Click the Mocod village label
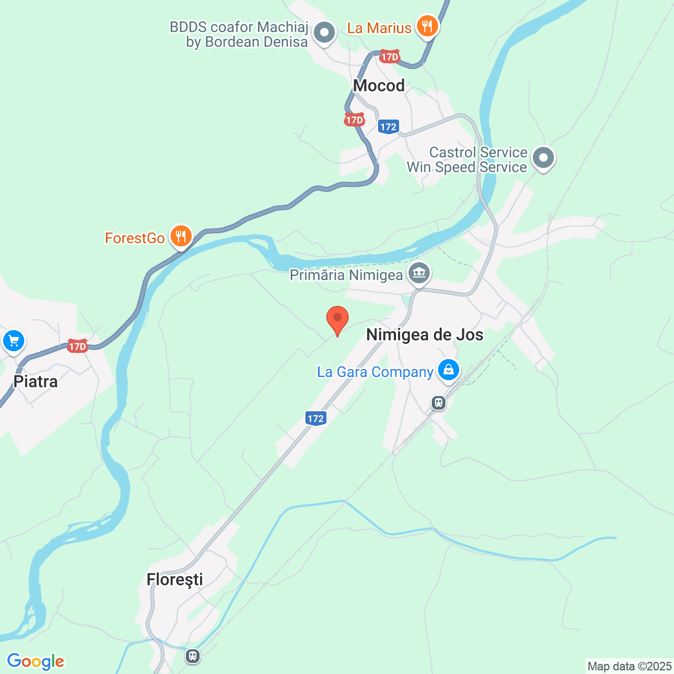[x=379, y=85]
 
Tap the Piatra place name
[x=35, y=381]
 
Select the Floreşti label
[x=175, y=579]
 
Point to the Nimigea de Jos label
[x=424, y=335]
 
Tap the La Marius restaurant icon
[x=427, y=26]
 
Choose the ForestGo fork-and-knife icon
[x=181, y=236]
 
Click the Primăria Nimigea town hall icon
[x=420, y=273]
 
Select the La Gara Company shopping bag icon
[x=448, y=370]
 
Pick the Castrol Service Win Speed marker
[x=543, y=157]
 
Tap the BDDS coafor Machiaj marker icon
[x=324, y=33]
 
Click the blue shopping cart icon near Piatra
[x=14, y=340]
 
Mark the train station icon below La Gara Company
[x=438, y=403]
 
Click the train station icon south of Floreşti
[x=193, y=656]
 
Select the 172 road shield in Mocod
[x=388, y=126]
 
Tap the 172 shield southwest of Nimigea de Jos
[x=315, y=419]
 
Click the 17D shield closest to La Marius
[x=390, y=56]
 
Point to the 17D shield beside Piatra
[x=77, y=346]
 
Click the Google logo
[x=35, y=661]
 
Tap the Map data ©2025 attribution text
[x=629, y=666]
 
